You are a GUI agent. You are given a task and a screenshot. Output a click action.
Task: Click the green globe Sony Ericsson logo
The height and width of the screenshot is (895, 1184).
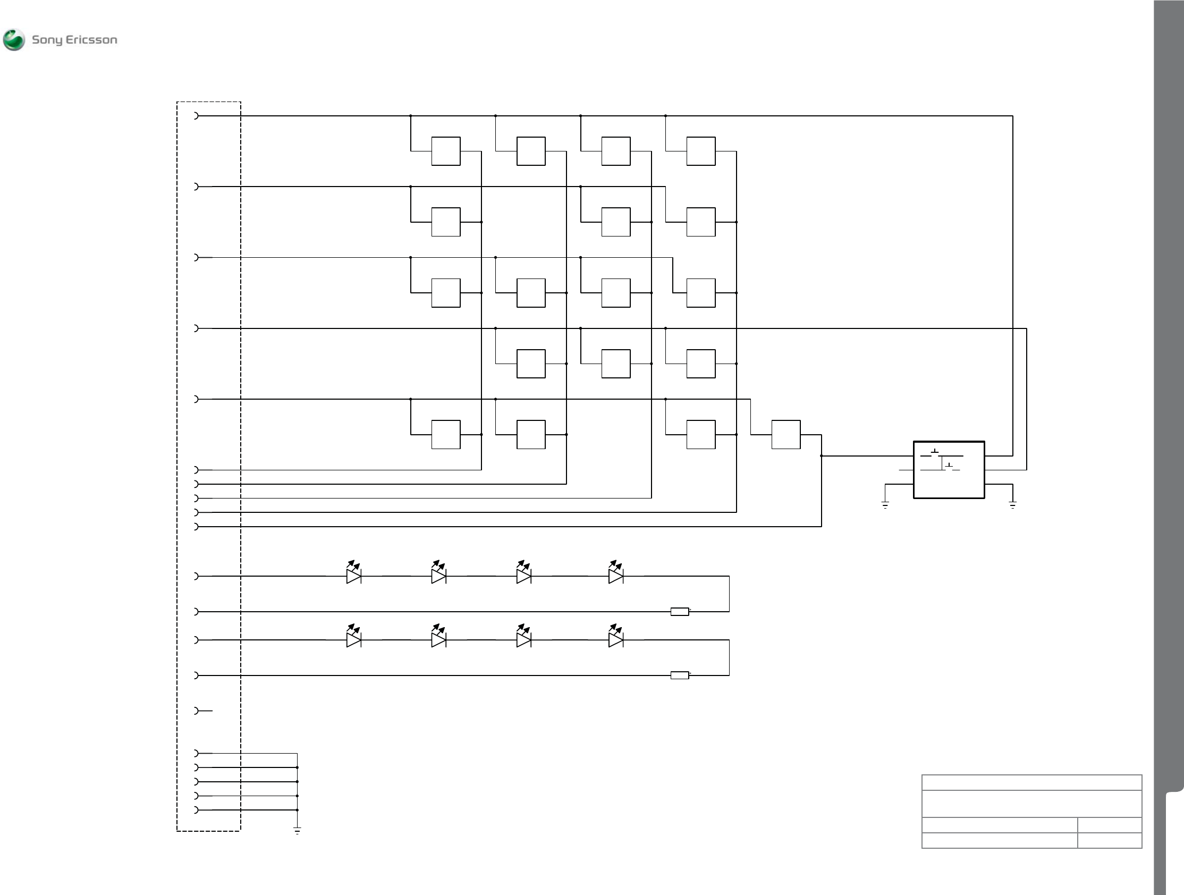coord(14,40)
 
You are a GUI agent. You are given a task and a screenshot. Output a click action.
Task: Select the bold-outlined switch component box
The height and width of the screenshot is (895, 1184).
coord(949,470)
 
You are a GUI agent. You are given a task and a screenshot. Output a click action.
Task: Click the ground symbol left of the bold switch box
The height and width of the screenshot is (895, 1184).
coord(885,504)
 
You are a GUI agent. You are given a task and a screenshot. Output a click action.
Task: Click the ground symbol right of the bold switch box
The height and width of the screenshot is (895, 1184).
coord(1013,504)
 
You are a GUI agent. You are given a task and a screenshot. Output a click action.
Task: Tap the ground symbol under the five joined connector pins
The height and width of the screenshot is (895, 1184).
coord(297,830)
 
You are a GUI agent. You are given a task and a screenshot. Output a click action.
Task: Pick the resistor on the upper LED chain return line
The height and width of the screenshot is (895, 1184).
coord(680,612)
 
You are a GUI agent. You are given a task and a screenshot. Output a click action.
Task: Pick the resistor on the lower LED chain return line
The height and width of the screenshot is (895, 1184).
coord(680,676)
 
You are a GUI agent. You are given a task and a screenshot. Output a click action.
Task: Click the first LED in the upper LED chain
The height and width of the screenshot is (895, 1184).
coord(354,576)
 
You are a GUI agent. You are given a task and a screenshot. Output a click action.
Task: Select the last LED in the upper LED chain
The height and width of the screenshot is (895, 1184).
coord(615,576)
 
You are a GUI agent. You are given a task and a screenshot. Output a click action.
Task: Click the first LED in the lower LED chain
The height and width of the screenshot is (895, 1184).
coord(354,639)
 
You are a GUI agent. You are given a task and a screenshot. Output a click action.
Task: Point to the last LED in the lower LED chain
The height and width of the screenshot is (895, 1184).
coord(615,639)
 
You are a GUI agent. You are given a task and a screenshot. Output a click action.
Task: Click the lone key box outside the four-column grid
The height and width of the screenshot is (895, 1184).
coord(786,435)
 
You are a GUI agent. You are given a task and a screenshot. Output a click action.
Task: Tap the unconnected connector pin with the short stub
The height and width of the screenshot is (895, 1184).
coord(197,711)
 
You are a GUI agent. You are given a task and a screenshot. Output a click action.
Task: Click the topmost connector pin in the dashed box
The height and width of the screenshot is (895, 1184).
coord(197,116)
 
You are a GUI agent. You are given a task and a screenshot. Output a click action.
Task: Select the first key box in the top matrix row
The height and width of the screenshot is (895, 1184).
coord(446,151)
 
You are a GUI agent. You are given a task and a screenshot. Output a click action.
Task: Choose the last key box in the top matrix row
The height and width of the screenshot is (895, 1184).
coord(700,151)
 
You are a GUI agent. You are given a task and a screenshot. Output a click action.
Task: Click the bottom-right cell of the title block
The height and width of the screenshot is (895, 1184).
coord(1110,840)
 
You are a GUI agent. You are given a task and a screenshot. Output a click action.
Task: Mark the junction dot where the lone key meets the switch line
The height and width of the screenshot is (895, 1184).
coord(822,456)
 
